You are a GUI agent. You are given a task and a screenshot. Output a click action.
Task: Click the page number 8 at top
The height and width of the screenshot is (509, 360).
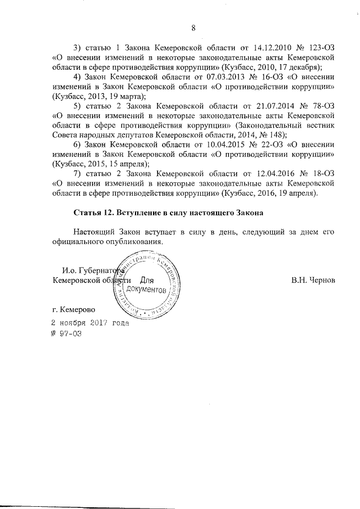coord(193,28)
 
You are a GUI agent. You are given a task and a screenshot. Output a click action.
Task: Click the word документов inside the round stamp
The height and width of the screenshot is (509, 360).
coord(146,290)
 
